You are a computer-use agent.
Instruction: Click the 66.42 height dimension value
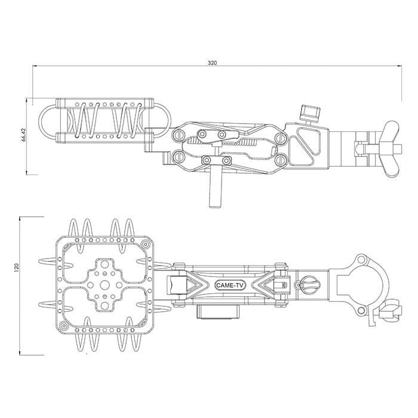tap(23, 136)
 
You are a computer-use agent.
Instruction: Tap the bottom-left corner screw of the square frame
tap(62, 327)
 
